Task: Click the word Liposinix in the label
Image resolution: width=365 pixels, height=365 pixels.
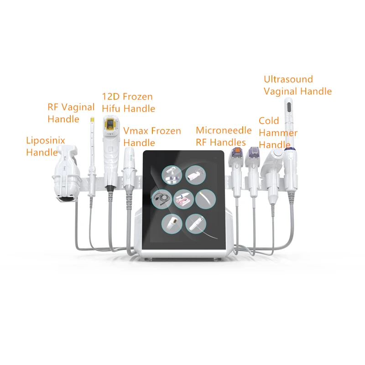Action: [x=46, y=141]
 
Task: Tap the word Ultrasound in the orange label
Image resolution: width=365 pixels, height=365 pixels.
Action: [x=288, y=79]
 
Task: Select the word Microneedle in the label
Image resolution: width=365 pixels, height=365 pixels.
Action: [x=224, y=131]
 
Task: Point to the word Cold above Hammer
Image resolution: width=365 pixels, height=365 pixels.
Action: [x=269, y=121]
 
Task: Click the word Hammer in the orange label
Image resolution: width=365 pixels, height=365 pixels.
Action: [x=278, y=133]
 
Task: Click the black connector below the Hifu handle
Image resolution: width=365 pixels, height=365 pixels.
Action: [x=109, y=188]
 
